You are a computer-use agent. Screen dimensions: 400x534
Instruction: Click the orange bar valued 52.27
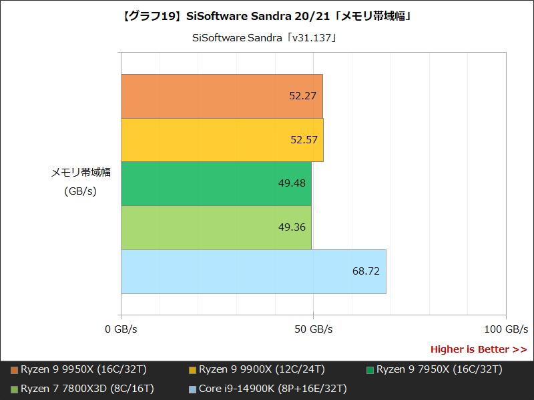pos(222,96)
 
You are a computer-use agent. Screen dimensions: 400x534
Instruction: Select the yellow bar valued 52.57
pos(222,140)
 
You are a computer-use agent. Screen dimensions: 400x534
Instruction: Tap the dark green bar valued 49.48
pos(216,183)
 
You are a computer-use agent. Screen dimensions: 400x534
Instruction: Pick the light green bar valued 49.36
pos(216,227)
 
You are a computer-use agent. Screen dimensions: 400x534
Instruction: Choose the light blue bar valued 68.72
pos(254,271)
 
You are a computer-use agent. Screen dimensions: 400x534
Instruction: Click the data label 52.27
pos(303,96)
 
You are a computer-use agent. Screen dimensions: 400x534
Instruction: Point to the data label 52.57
pos(303,140)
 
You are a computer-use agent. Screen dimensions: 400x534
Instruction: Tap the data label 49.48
pos(292,183)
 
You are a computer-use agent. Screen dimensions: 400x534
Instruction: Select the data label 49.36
pos(292,227)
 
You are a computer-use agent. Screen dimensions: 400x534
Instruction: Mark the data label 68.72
pos(366,271)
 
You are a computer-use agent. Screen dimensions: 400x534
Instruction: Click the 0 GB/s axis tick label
pos(121,329)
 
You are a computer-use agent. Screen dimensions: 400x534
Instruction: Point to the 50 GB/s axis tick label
pos(313,329)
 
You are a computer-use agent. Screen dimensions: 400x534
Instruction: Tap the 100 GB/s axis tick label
pos(505,329)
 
